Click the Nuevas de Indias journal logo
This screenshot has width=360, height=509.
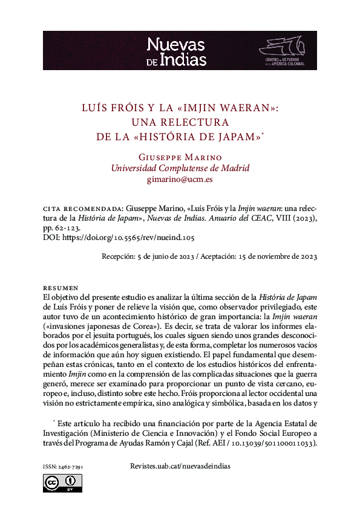coord(177,51)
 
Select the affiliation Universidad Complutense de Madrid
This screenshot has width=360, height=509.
coord(180,168)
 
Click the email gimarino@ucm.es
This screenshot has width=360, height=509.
coord(180,180)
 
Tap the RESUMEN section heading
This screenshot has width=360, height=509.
coord(61,288)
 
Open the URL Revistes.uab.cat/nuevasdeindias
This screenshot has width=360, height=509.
coord(180,467)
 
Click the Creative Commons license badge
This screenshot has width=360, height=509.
coord(62,483)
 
